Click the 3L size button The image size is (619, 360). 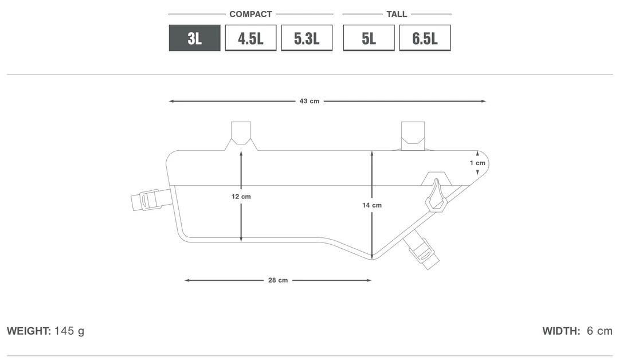click(195, 38)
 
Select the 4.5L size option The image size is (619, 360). click(250, 38)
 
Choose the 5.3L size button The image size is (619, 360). click(307, 38)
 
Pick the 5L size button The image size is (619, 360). click(369, 38)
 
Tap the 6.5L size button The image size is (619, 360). click(425, 38)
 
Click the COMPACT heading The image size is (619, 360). click(250, 14)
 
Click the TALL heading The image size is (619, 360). click(397, 14)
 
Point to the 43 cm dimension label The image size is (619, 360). click(309, 101)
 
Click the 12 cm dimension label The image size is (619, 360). click(241, 197)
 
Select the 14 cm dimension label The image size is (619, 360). click(372, 205)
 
